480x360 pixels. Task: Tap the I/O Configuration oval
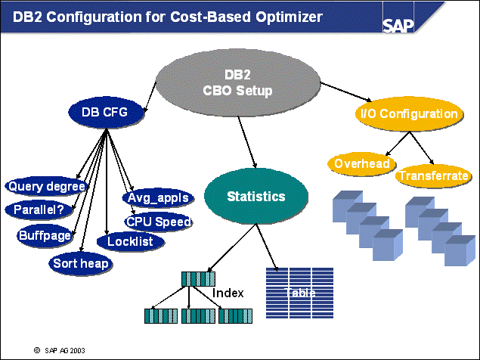407,114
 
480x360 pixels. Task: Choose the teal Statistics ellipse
256,197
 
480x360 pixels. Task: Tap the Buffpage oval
45,235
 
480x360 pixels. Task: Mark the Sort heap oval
81,263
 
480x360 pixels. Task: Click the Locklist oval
130,241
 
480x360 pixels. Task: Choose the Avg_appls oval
157,199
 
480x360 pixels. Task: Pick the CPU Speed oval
158,222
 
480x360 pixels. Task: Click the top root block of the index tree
198,278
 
